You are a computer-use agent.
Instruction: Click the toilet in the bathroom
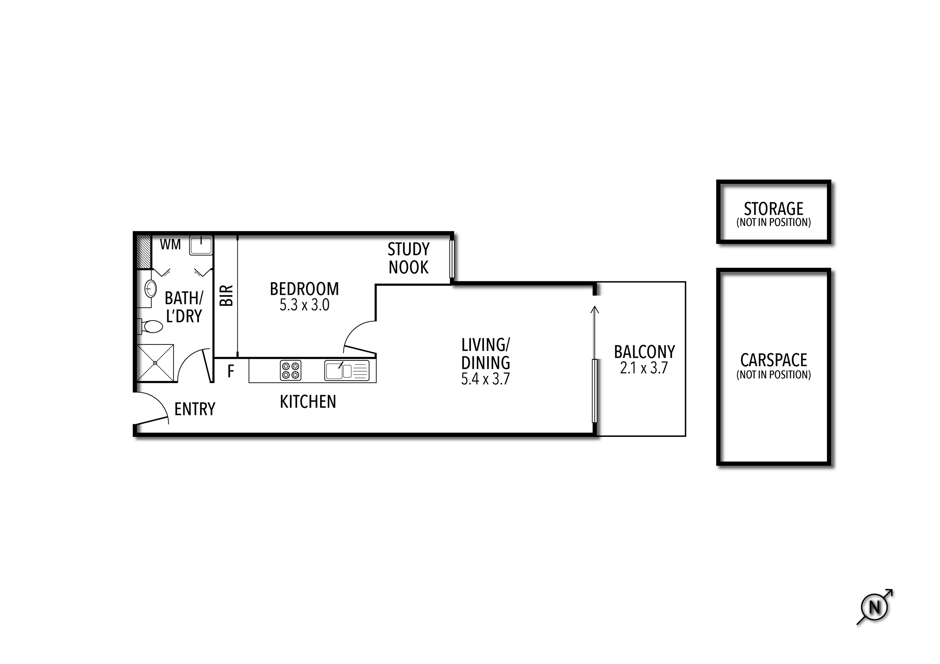coord(152,326)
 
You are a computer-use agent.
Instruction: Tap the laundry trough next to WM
coord(201,245)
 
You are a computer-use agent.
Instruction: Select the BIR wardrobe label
coord(226,296)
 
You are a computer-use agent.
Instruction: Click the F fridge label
coord(231,371)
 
